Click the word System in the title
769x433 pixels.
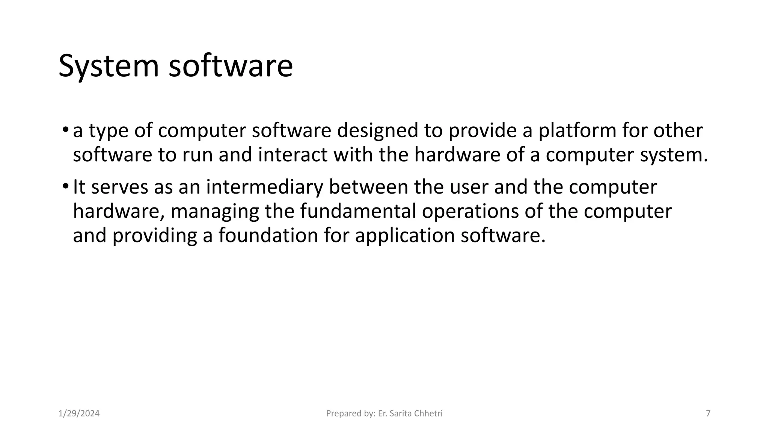[x=109, y=67]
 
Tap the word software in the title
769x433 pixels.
[x=231, y=66]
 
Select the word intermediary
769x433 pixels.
[x=264, y=187]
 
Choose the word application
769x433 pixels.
[x=405, y=236]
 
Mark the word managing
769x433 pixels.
[x=214, y=212]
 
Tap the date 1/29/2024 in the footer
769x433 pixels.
[x=79, y=414]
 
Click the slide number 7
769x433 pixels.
[x=708, y=414]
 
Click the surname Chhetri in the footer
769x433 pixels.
[x=428, y=414]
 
